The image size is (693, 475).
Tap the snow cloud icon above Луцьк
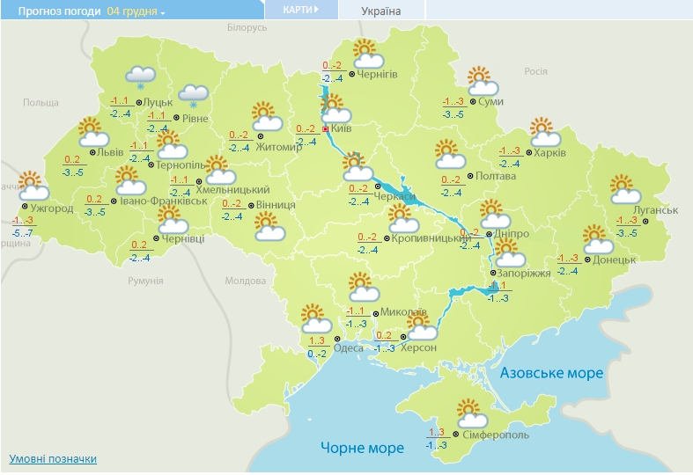click(x=141, y=77)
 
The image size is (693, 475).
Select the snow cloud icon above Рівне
click(x=194, y=94)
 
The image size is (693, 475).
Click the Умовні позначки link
click(x=53, y=459)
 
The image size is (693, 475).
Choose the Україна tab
click(x=380, y=11)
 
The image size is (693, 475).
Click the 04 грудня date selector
click(x=136, y=11)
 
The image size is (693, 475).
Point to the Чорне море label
click(x=362, y=448)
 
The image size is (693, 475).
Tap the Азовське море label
click(x=551, y=373)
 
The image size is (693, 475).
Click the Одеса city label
click(x=348, y=348)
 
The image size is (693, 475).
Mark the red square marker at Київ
click(x=326, y=129)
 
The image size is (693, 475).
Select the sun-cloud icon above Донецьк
click(x=598, y=238)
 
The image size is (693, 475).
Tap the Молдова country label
click(x=245, y=281)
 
